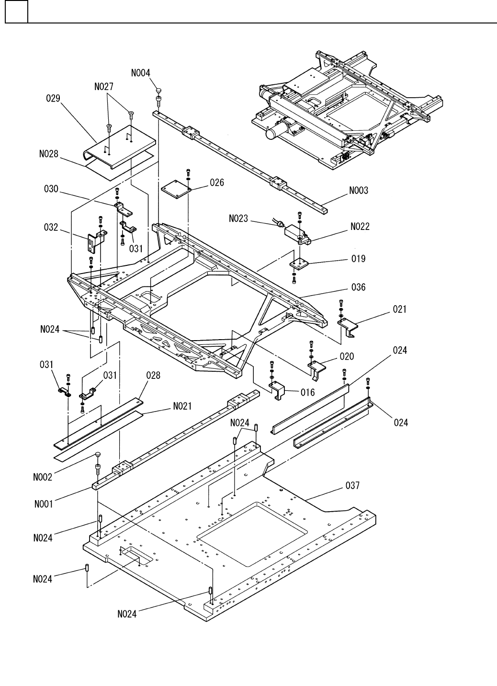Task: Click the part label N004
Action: (141, 73)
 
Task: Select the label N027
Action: (104, 87)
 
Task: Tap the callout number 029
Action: (53, 98)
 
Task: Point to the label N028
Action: (49, 154)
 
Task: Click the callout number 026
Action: (217, 183)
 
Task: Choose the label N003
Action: (359, 191)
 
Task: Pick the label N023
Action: (238, 218)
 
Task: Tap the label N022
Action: (360, 227)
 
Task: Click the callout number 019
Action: (358, 259)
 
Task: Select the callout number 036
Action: (358, 287)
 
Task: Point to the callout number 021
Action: (400, 309)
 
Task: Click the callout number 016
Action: (308, 393)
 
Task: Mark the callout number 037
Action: (352, 485)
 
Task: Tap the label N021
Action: (182, 406)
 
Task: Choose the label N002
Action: (43, 477)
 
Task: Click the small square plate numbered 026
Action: (176, 189)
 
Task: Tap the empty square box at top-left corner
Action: (17, 11)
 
